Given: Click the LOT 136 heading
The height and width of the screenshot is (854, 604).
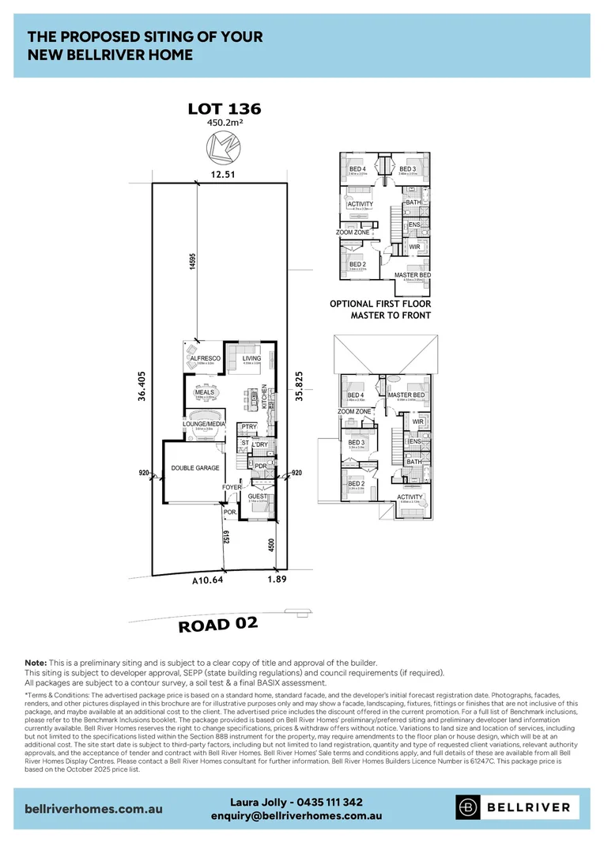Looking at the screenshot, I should [224, 109].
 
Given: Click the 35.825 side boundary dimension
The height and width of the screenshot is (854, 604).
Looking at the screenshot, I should [300, 387].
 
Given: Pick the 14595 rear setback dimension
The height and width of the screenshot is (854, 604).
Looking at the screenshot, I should [192, 263].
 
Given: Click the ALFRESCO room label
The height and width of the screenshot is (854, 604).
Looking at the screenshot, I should [205, 358].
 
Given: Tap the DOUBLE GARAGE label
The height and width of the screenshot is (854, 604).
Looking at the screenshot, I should [195, 468].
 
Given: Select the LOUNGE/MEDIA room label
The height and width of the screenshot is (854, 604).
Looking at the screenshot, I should [205, 424].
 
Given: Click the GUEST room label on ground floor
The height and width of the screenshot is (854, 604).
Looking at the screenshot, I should [258, 496].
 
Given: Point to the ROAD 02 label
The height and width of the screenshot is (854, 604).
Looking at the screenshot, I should [218, 625].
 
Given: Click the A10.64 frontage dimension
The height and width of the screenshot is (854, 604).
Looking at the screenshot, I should [207, 581].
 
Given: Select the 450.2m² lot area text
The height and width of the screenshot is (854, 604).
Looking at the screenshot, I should [224, 123].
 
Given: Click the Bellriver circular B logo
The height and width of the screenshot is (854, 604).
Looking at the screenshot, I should [468, 807].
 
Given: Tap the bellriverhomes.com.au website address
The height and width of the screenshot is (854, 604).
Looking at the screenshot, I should [95, 809].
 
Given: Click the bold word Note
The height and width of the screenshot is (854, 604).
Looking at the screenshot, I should [36, 662].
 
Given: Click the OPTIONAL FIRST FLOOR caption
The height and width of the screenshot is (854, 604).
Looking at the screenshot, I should [380, 304].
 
